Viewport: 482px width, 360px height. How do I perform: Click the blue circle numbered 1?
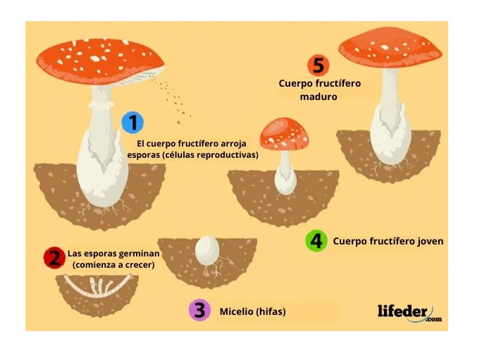click(x=132, y=123)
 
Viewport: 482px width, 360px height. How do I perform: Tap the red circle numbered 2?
click(x=55, y=258)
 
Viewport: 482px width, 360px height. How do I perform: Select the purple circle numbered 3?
click(x=200, y=310)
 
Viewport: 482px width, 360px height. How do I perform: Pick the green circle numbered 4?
click(x=316, y=241)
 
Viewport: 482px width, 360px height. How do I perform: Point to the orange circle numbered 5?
click(x=318, y=66)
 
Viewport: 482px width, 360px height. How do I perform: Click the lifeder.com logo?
click(x=409, y=313)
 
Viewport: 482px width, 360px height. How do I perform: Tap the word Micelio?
click(x=236, y=311)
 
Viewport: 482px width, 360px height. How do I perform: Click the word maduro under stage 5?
click(x=319, y=97)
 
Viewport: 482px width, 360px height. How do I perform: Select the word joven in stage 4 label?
click(x=429, y=242)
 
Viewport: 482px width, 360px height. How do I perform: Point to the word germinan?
click(x=139, y=254)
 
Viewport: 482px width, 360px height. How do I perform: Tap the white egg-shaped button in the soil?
click(x=207, y=251)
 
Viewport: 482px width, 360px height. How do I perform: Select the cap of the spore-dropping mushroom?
click(x=100, y=61)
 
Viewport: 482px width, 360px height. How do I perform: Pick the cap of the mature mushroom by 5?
click(x=390, y=47)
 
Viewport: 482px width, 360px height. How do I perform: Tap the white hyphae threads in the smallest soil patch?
click(x=98, y=286)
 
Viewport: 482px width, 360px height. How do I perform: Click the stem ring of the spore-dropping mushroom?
click(x=101, y=104)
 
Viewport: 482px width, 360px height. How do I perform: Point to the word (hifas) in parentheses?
click(x=271, y=311)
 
